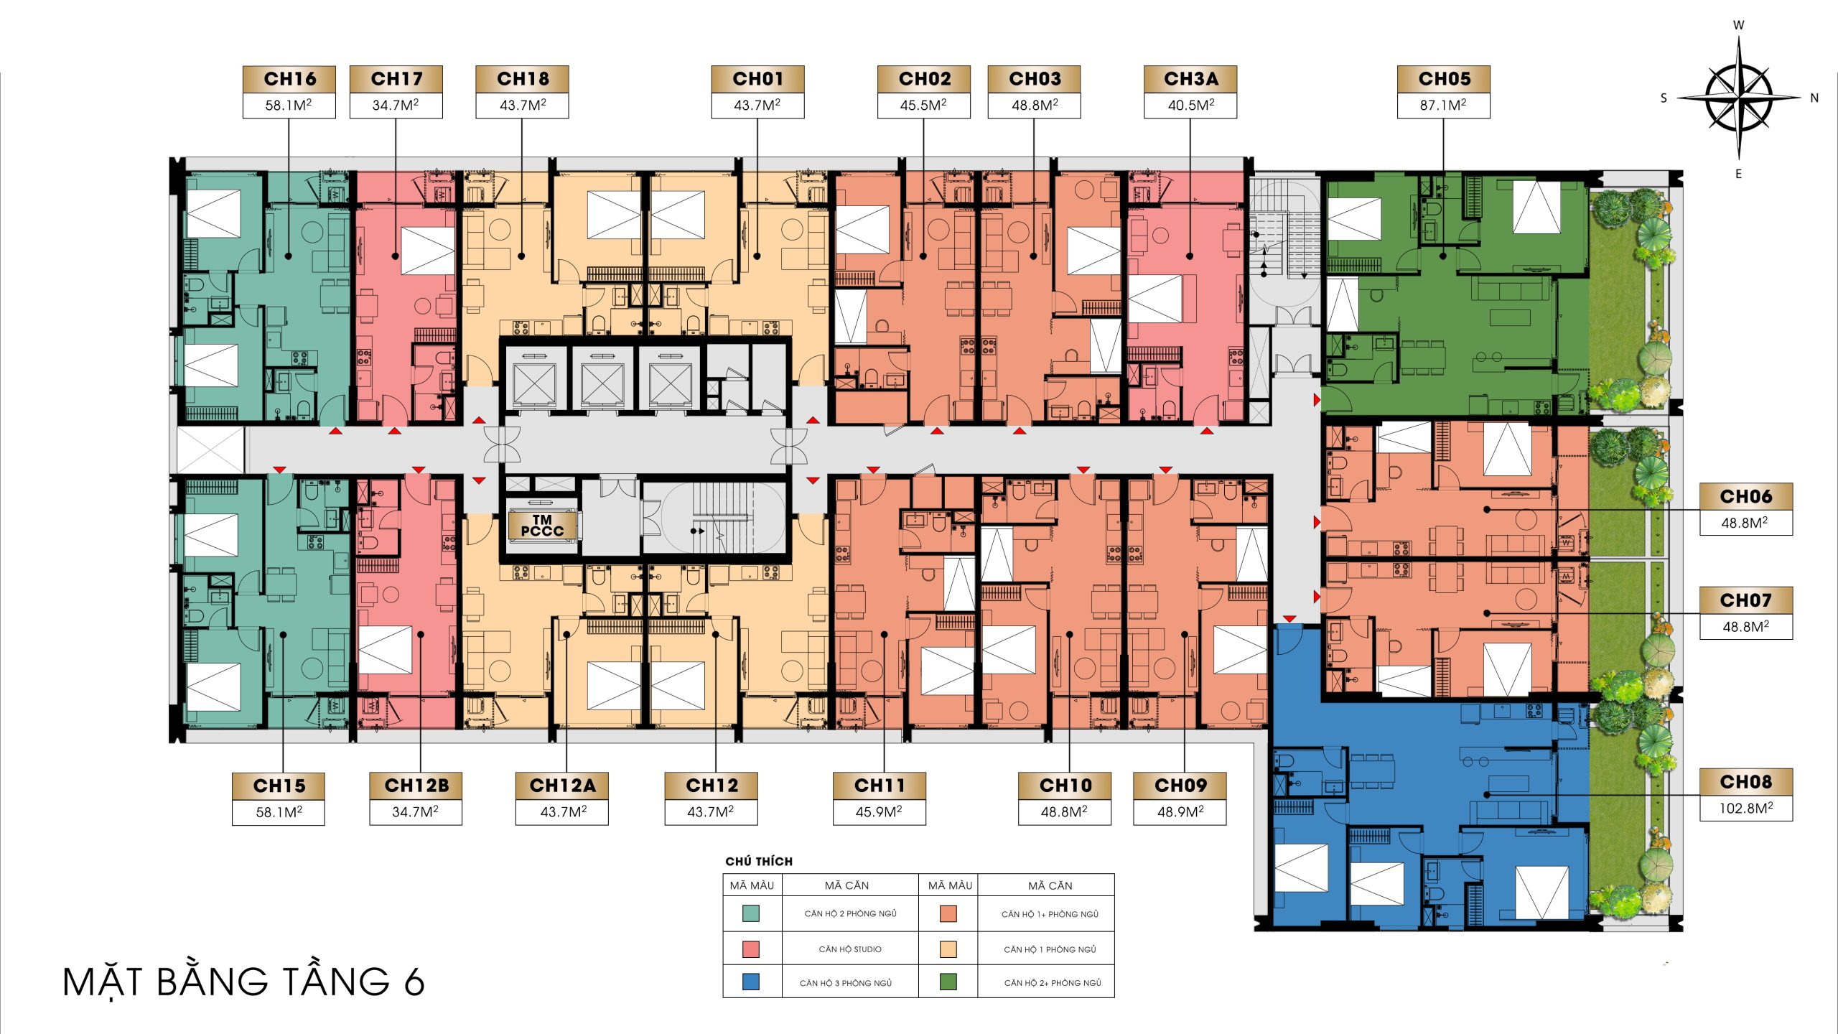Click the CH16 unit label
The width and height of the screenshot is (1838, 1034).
289,78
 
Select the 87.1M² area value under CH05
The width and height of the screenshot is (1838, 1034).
1443,105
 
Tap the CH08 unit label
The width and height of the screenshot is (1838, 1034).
1746,781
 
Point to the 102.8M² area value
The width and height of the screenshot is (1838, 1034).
1746,808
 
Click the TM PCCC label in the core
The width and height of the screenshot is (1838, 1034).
542,525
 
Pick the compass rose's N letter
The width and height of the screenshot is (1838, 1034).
1814,98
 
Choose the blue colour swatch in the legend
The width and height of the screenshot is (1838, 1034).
751,982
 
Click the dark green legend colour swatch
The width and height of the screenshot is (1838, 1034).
948,982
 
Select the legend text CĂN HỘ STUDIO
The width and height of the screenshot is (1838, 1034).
850,949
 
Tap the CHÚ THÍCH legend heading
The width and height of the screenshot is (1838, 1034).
759,861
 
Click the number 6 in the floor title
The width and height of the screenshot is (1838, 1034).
414,982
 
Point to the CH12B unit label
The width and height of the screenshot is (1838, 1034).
416,786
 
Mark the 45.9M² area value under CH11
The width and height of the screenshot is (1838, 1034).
880,811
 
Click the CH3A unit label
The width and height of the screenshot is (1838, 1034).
1191,78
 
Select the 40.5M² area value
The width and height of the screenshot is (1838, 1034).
1191,105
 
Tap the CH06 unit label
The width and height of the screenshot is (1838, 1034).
1746,496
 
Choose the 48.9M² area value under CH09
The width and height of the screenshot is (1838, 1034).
1180,811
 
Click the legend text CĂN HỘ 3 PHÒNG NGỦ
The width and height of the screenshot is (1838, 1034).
846,982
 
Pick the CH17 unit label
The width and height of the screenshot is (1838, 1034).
396,78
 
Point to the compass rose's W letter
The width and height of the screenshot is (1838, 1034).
1738,25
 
